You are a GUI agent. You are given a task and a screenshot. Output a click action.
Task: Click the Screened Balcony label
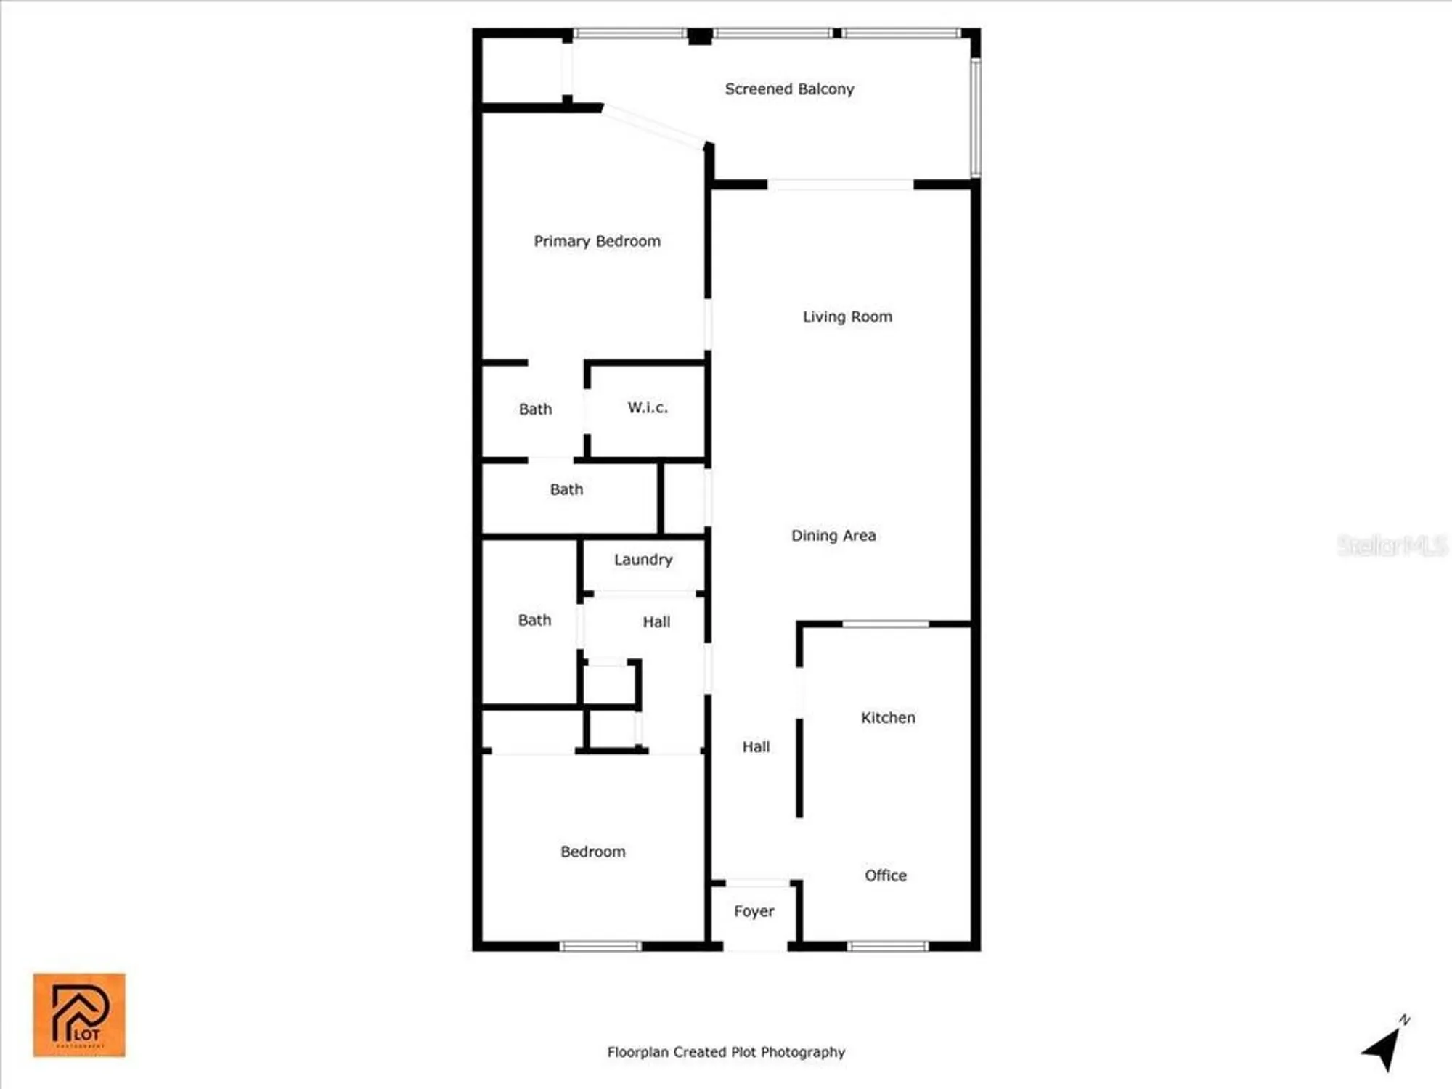click(789, 89)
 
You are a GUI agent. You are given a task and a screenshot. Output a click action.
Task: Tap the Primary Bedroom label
click(597, 241)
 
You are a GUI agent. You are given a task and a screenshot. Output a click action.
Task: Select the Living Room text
click(847, 317)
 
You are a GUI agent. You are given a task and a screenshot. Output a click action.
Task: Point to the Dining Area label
click(833, 536)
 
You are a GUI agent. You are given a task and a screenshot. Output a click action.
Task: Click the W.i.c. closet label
click(648, 407)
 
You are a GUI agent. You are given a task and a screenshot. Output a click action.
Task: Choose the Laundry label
click(643, 560)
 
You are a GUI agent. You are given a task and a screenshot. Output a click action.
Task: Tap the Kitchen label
click(888, 718)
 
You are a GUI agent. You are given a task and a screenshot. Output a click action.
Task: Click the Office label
click(885, 876)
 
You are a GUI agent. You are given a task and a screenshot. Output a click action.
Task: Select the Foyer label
click(754, 911)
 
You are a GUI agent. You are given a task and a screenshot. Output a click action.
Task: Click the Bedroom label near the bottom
click(592, 852)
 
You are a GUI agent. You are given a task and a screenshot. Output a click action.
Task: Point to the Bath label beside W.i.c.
click(535, 409)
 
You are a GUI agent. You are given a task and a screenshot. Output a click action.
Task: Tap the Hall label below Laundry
click(656, 622)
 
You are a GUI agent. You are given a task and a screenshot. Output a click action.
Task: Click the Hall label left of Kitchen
click(756, 747)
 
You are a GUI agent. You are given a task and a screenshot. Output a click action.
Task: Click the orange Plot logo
click(79, 1015)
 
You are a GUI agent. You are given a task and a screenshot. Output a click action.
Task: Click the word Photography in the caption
click(803, 1052)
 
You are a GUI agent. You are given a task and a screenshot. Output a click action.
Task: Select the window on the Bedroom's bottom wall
click(600, 946)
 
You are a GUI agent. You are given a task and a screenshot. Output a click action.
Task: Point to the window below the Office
click(888, 946)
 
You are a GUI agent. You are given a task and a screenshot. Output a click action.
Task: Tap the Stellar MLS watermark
click(1392, 545)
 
